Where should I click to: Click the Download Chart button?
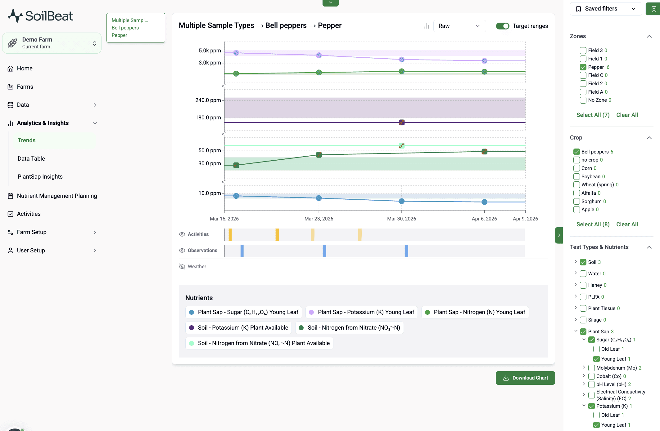(525, 378)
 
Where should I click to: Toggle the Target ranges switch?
(502, 26)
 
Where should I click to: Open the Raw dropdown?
(459, 26)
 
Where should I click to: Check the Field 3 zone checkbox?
(583, 50)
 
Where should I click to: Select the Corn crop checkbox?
(576, 168)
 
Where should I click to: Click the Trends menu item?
(27, 140)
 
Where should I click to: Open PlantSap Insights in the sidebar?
(40, 176)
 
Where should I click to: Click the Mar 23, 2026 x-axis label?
(319, 219)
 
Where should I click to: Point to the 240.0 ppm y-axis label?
(208, 100)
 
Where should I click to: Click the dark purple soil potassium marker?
(401, 122)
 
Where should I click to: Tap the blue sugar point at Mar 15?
(236, 196)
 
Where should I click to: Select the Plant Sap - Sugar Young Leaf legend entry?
(244, 312)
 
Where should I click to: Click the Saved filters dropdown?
(605, 9)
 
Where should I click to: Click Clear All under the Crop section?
(627, 224)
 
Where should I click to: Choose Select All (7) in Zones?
(593, 115)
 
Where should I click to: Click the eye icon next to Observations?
(182, 250)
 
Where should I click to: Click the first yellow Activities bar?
(230, 235)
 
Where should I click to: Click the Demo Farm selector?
(52, 43)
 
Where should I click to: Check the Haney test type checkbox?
(583, 285)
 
